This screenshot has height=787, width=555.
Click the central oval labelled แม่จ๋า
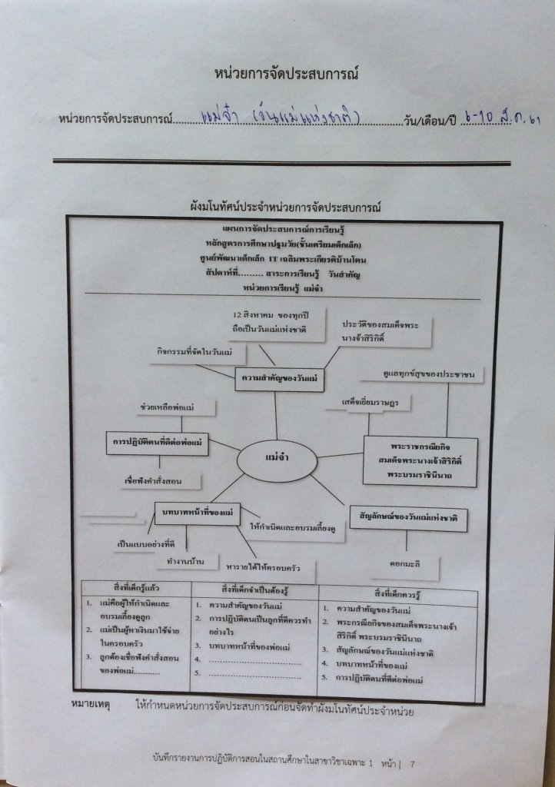276,460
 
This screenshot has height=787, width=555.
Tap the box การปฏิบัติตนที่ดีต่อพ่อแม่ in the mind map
157,443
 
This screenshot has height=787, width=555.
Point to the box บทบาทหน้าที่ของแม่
197,513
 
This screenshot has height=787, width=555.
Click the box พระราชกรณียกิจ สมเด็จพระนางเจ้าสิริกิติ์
420,461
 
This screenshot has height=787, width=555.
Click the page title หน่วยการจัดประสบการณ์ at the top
288,75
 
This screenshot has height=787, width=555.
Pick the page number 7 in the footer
412,763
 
